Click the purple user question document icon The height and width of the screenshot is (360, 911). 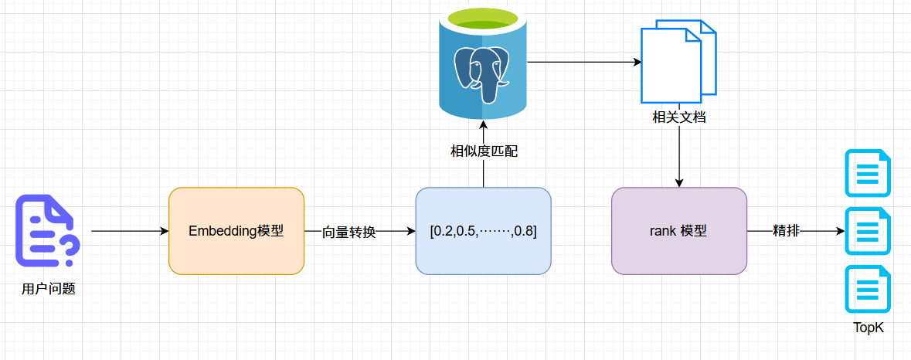pos(46,230)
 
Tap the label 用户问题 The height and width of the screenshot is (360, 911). pos(48,290)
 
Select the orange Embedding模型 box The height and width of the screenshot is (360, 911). pos(236,231)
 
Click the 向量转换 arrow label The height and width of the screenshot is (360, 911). pos(348,232)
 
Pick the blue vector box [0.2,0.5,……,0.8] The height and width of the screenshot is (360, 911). pos(483,231)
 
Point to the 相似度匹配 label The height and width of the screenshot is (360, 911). pos(484,151)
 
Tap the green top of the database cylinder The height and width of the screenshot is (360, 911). pos(483,17)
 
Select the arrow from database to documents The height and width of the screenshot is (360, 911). pos(583,62)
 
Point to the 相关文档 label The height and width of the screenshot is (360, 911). pos(678,118)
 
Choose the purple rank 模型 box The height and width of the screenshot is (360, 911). pos(678,231)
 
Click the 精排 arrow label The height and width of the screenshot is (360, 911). pos(786,231)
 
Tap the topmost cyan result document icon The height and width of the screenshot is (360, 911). pos(868,173)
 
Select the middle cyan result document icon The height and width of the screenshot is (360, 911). pos(868,231)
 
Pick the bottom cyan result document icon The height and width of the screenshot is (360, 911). pos(868,289)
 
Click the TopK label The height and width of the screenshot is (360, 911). pos(868,328)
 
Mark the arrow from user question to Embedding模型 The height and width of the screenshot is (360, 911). pos(129,231)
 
